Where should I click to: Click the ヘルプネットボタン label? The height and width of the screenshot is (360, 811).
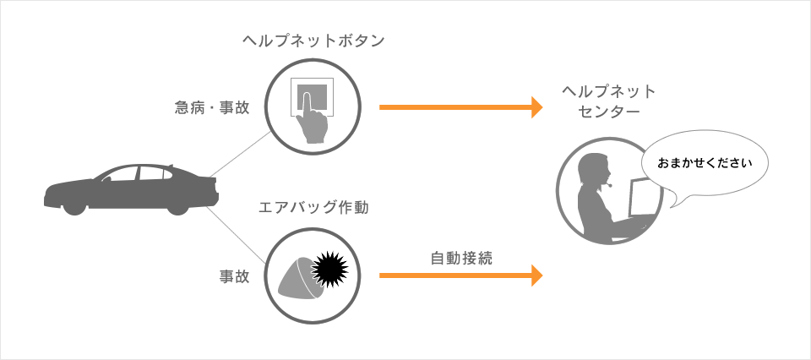pos(314,41)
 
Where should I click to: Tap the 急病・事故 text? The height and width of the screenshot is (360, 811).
pos(213,107)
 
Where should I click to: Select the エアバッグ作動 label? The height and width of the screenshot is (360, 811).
pos(314,208)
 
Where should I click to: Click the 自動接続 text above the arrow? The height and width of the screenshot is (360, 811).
pos(461,258)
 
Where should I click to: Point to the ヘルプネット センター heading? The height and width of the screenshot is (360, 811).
pos(609,102)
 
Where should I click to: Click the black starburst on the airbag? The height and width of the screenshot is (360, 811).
pos(330,269)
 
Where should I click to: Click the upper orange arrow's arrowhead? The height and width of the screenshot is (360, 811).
pos(537,107)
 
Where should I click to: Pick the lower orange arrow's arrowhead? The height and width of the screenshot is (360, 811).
pos(537,275)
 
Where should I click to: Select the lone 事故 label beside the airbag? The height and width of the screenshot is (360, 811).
pos(234,276)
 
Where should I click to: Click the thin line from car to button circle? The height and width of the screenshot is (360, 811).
pos(239,154)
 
